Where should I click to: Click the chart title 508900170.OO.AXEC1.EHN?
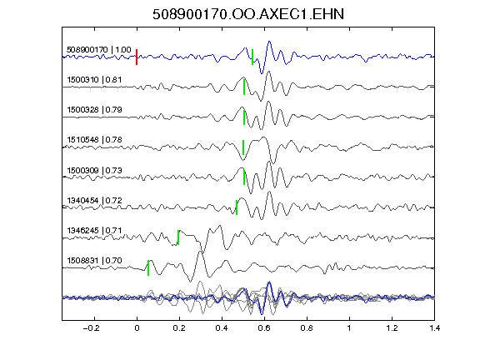tap(248, 14)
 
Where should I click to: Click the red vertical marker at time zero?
tap(137, 57)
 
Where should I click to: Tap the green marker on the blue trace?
tap(252, 57)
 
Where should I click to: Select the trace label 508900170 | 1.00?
tap(99, 50)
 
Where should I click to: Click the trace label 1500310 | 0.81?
tap(94, 80)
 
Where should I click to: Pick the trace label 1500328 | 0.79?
tap(94, 110)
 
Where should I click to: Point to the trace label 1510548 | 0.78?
tap(94, 140)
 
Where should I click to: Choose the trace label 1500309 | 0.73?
tap(94, 170)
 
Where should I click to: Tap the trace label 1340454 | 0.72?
tap(94, 201)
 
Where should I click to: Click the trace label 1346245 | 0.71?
tap(94, 230)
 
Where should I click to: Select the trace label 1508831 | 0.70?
tap(94, 261)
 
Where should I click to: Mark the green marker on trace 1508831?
tap(148, 267)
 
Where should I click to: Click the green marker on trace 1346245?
tap(178, 237)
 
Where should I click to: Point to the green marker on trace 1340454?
tap(237, 207)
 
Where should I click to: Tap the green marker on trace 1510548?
tap(243, 147)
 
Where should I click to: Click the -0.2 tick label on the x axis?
tap(92, 328)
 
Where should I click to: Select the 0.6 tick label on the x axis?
tap(264, 328)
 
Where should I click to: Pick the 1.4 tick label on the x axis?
tap(435, 328)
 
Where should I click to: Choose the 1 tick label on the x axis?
tap(349, 328)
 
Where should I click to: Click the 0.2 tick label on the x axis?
tap(179, 328)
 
